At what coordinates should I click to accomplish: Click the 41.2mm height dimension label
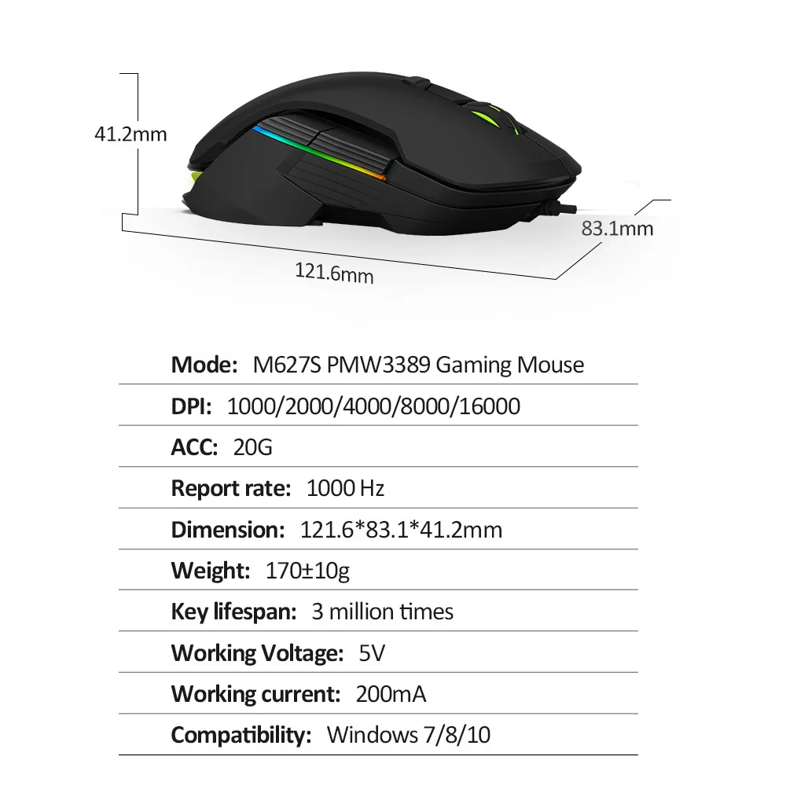[x=130, y=134]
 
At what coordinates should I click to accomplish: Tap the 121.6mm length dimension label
[x=334, y=274]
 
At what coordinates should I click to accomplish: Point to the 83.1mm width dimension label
[x=617, y=229]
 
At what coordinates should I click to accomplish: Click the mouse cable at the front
[x=561, y=208]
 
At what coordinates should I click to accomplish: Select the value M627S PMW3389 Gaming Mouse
[x=418, y=365]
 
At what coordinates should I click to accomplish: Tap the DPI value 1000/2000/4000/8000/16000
[x=373, y=406]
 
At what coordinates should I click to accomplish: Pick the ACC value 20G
[x=253, y=447]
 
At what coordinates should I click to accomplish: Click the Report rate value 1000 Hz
[x=345, y=488]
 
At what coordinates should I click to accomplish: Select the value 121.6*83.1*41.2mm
[x=401, y=529]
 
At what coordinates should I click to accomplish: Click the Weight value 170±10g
[x=308, y=570]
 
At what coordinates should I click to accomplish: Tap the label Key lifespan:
[x=233, y=611]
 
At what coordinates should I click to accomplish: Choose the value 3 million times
[x=382, y=611]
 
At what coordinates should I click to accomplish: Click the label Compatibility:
[x=241, y=735]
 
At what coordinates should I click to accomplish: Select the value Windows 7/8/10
[x=409, y=735]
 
